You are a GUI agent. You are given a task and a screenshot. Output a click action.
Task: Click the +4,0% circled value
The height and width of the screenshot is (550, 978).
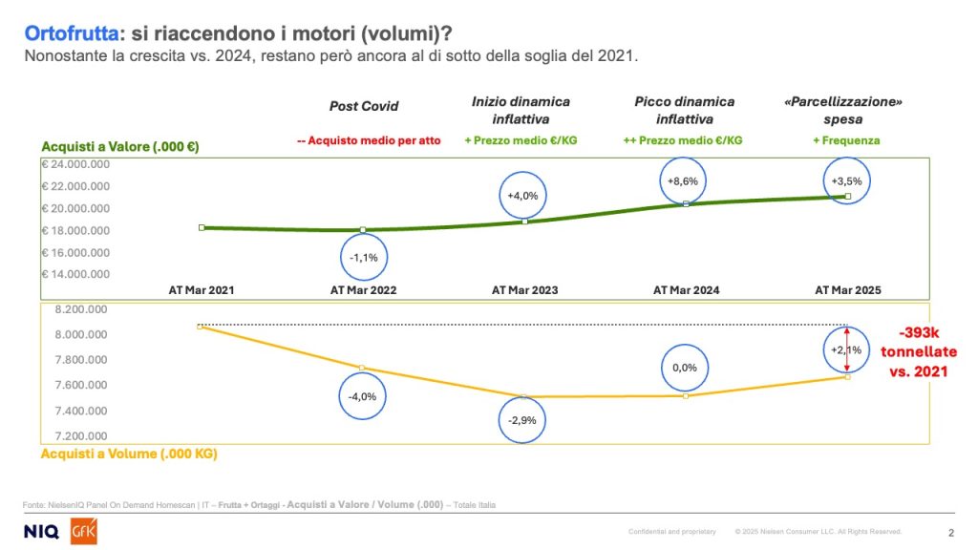(524, 196)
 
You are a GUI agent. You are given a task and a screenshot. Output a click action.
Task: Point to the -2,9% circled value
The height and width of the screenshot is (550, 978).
(524, 420)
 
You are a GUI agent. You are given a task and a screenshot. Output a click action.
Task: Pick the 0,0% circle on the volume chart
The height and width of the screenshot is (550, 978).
(685, 368)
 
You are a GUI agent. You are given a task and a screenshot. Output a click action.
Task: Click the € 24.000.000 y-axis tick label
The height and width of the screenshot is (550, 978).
(75, 163)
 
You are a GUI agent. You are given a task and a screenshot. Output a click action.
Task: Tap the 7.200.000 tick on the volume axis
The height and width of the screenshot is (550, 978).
(74, 435)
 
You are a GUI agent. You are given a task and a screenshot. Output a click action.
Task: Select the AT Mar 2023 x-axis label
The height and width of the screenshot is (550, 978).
(524, 289)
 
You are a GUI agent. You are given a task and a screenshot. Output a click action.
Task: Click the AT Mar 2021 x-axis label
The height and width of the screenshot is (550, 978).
(202, 289)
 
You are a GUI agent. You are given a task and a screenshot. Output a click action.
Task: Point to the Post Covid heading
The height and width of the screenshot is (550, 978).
(364, 107)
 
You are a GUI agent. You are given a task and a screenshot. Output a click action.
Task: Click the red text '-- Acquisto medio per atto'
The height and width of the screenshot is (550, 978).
(369, 140)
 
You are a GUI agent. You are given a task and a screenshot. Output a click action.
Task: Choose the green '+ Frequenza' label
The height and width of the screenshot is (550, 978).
(847, 140)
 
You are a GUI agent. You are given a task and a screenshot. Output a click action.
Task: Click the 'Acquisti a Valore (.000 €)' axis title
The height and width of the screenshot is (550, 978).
(119, 147)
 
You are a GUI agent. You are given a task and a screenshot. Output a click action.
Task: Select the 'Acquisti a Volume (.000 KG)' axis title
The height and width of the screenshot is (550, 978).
(129, 455)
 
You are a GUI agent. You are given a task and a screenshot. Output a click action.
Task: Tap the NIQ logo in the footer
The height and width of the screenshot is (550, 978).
(41, 531)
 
